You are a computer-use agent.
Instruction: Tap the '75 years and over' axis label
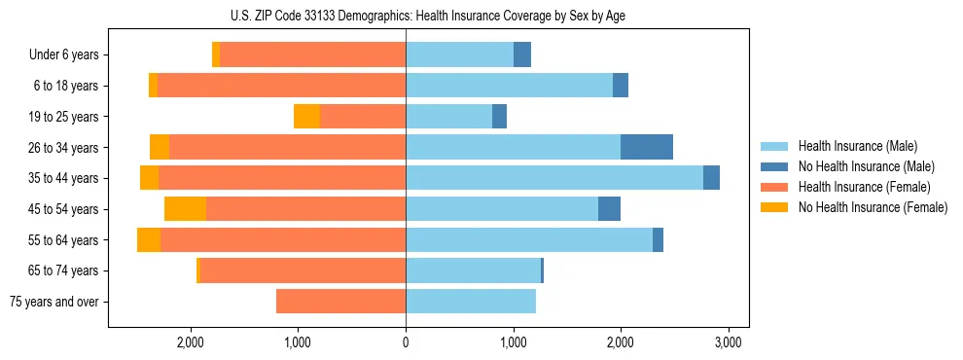54,302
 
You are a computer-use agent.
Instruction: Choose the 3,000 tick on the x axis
729,342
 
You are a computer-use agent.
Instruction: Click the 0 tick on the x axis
406,342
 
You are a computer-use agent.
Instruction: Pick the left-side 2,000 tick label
191,342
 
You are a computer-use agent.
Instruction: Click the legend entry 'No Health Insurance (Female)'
873,207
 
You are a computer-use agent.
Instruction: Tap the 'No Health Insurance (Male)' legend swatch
775,166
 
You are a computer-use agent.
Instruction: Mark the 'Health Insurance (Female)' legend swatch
775,187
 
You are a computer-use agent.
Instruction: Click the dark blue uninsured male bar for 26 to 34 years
647,147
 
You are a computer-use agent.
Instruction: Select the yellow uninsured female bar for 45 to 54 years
185,209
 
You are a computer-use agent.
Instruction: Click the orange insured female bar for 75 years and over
340,302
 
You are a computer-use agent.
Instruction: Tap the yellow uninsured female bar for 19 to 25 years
306,117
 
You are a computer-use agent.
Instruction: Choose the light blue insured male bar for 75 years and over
471,302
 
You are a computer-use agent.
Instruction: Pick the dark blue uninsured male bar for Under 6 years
522,55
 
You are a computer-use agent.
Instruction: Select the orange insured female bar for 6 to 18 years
281,86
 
